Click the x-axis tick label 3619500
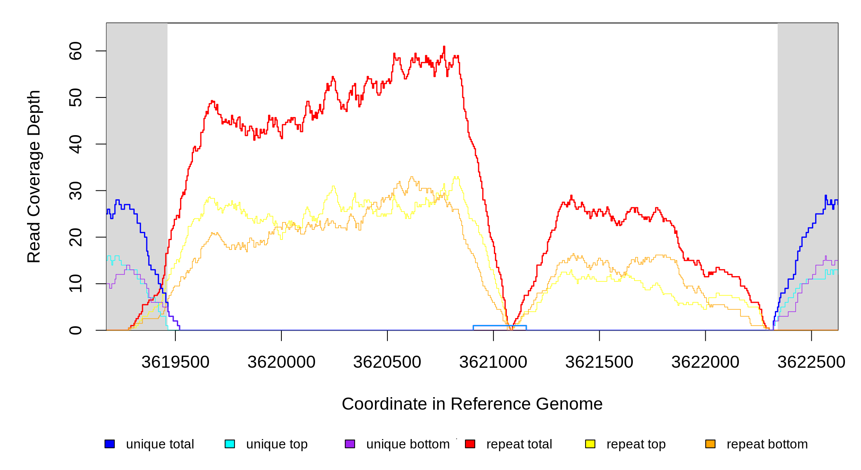click(x=175, y=362)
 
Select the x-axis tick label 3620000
click(x=281, y=362)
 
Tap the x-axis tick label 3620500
click(x=387, y=362)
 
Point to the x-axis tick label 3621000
click(x=494, y=362)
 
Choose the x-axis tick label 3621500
click(x=600, y=362)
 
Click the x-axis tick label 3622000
click(x=706, y=362)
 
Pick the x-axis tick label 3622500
click(x=812, y=362)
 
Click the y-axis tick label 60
click(x=76, y=51)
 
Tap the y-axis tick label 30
click(x=76, y=191)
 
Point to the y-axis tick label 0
click(x=76, y=330)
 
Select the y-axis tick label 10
click(x=76, y=284)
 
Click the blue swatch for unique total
click(x=110, y=444)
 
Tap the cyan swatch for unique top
click(x=230, y=444)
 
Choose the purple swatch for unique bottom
click(x=350, y=444)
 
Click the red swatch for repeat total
click(x=470, y=444)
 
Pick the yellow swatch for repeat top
click(x=590, y=444)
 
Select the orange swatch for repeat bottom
click(x=710, y=444)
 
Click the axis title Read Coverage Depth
click(x=34, y=176)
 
